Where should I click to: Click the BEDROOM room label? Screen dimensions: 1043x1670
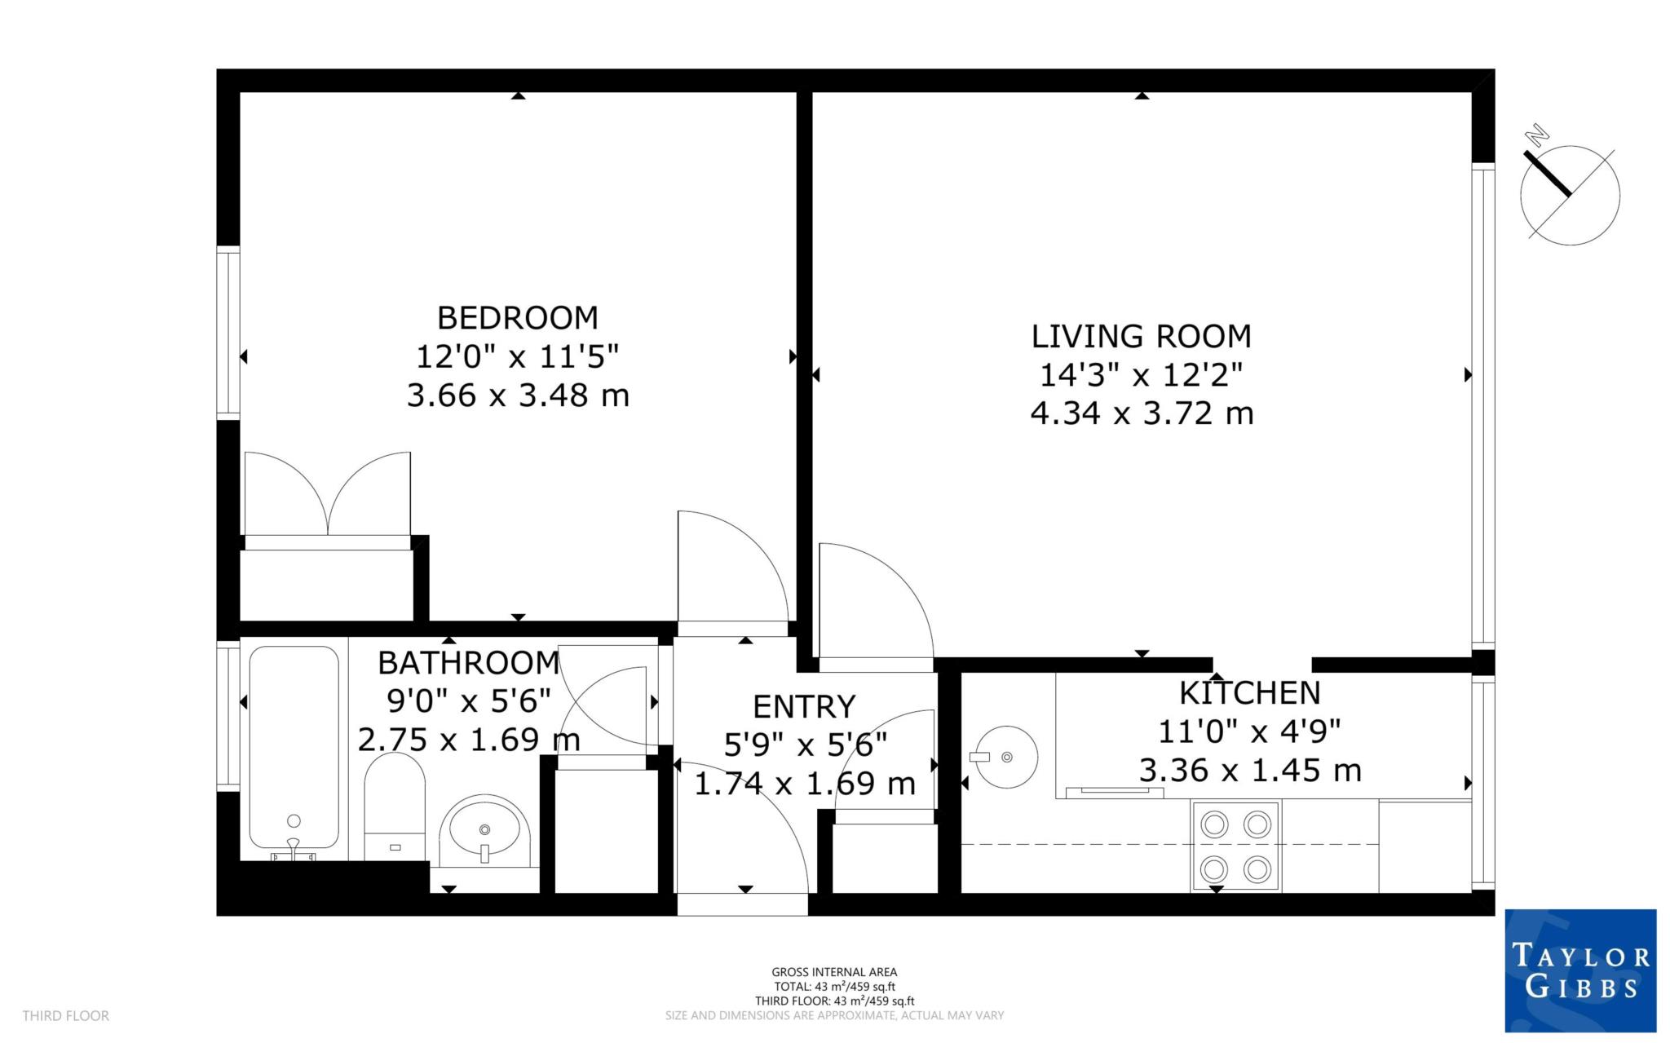pyautogui.click(x=517, y=317)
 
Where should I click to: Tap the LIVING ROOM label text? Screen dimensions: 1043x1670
pyautogui.click(x=1141, y=336)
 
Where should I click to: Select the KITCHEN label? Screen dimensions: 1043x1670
pyautogui.click(x=1249, y=693)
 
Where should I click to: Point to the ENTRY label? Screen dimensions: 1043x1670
pyautogui.click(x=804, y=706)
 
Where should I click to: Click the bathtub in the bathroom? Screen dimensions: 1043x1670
pyautogui.click(x=294, y=746)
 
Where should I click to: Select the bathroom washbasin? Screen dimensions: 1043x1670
pyautogui.click(x=484, y=830)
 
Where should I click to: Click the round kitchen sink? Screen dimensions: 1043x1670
pyautogui.click(x=1008, y=757)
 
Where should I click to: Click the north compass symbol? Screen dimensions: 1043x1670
pyautogui.click(x=1569, y=194)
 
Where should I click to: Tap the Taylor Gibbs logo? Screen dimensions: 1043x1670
pyautogui.click(x=1579, y=970)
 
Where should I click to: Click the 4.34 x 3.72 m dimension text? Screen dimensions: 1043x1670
pyautogui.click(x=1141, y=413)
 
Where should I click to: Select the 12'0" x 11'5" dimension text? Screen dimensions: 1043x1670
pyautogui.click(x=517, y=357)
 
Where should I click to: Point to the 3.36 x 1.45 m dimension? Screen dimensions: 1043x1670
pyautogui.click(x=1249, y=771)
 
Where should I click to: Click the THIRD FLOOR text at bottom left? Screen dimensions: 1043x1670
pyautogui.click(x=65, y=1016)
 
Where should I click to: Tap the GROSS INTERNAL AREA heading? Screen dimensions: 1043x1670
pyautogui.click(x=834, y=972)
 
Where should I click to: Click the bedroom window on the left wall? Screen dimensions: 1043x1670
pyautogui.click(x=228, y=333)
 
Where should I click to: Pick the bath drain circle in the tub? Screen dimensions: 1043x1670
pyautogui.click(x=294, y=821)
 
